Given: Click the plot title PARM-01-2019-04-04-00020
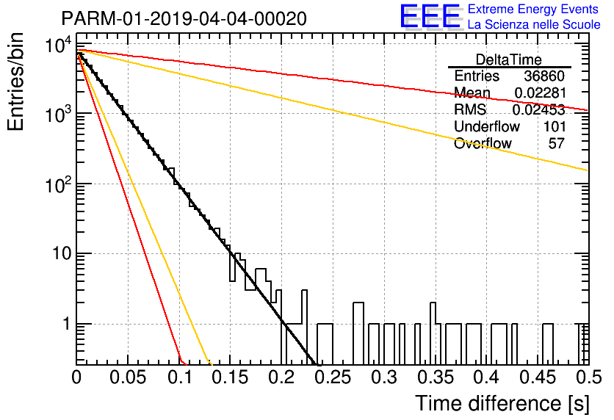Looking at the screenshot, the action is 184,19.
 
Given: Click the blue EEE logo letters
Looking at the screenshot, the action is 430,16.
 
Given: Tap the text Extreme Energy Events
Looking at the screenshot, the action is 533,9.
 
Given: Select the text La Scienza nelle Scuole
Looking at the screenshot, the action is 534,25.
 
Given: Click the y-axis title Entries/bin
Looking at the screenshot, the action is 15,82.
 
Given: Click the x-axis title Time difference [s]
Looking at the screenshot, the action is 502,404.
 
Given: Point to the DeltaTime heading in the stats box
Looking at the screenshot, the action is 509,60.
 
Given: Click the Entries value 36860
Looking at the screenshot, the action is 544,76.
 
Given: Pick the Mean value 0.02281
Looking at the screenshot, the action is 540,93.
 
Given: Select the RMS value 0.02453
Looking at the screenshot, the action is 539,109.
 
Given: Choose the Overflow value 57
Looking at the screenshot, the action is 557,143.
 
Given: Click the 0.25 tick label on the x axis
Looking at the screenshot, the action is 333,377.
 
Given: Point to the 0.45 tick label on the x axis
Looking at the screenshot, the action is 538,377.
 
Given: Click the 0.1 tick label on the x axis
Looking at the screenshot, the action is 180,377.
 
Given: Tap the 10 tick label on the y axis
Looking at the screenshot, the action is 61,253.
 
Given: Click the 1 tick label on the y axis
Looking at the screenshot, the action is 67,324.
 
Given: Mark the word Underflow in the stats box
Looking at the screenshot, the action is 487,126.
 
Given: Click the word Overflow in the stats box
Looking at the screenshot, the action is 483,143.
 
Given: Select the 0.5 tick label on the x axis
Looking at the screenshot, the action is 588,377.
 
